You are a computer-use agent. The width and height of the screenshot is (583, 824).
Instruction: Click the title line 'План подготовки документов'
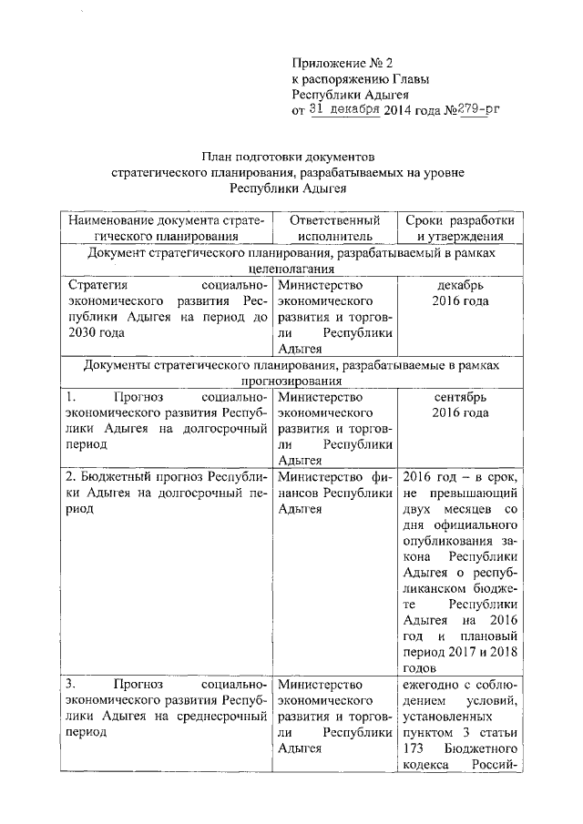click(288, 156)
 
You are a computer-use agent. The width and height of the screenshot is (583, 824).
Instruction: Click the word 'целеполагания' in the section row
click(288, 269)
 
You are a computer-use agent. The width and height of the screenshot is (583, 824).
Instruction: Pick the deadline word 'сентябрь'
click(460, 397)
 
